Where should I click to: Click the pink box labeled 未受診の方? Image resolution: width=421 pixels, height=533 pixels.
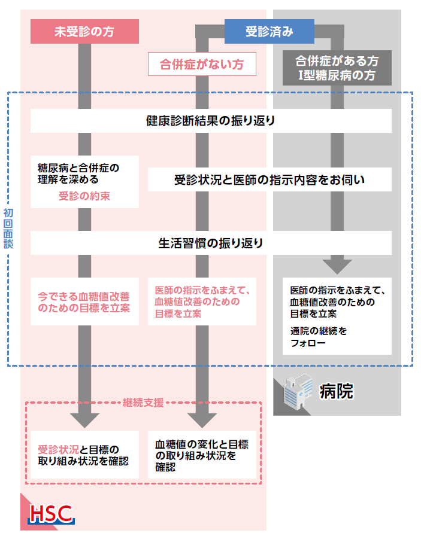(84, 31)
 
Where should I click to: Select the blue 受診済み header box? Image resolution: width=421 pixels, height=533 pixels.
(269, 31)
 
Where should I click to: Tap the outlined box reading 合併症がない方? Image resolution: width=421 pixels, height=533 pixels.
(202, 64)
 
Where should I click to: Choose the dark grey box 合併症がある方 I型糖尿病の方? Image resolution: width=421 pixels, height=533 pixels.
(337, 68)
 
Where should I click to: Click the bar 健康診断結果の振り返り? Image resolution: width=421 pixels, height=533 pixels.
(211, 121)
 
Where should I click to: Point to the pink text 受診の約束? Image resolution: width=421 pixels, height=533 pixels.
(84, 196)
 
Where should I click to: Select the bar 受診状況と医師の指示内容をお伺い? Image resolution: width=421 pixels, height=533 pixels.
(269, 179)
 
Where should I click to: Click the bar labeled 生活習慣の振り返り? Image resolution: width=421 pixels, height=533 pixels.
(211, 243)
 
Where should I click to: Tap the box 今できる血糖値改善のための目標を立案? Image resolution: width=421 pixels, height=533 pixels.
(84, 301)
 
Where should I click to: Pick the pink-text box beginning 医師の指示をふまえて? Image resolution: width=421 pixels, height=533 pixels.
(202, 301)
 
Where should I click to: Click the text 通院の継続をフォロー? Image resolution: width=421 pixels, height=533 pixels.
(318, 337)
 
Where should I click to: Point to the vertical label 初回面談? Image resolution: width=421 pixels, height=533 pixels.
(8, 229)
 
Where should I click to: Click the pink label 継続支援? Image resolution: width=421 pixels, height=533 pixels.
(143, 403)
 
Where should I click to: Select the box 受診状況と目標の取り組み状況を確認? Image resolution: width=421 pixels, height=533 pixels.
(84, 455)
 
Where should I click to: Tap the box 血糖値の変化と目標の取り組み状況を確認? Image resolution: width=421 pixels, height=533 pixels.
(202, 455)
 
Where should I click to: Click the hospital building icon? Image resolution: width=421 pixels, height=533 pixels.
(298, 391)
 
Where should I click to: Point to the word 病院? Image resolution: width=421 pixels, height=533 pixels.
(336, 391)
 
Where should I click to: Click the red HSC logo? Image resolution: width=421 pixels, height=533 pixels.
(51, 514)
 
